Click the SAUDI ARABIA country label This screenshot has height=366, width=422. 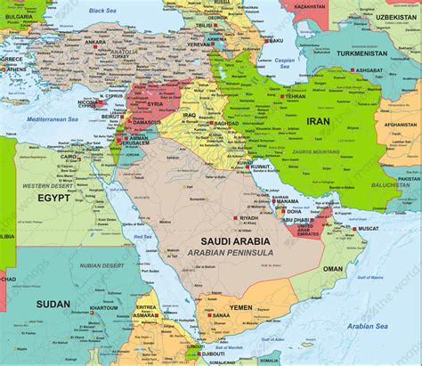(235, 241)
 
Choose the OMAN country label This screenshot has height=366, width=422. (332, 268)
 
